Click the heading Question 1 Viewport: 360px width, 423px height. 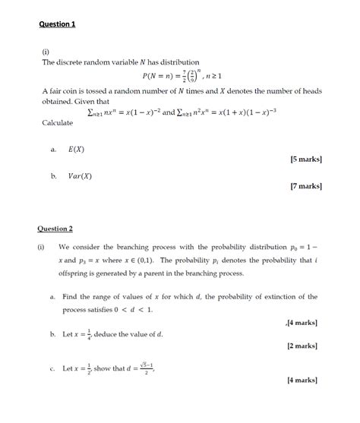tap(57, 24)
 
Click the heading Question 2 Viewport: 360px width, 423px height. tap(55, 228)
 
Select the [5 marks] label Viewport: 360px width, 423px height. tap(305, 159)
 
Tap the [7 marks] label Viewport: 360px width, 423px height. tap(305, 185)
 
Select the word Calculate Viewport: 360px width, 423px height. tap(58, 122)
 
